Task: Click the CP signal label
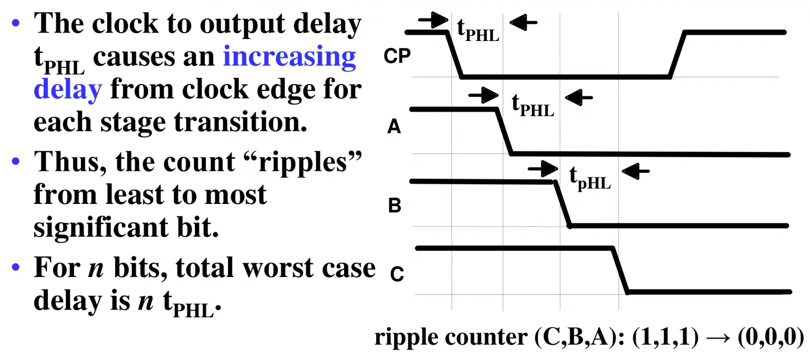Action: pos(397,56)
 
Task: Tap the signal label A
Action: pos(394,127)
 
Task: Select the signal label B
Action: pos(394,205)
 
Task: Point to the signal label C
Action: pos(397,274)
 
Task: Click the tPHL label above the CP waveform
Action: pos(478,30)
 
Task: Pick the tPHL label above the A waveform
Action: pos(533,105)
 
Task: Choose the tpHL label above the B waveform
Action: pos(590,178)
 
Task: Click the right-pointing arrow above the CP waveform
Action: pos(433,19)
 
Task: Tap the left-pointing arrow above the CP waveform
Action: pos(523,23)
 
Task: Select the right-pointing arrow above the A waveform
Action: pos(483,96)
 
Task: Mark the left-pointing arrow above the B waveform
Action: pos(636,171)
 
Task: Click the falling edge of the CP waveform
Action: pos(454,55)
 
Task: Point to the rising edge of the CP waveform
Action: pos(677,55)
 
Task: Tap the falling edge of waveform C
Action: pos(620,270)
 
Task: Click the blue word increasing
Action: pos(289,57)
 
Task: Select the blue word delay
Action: pos(68,89)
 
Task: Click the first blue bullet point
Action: pos(16,23)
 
